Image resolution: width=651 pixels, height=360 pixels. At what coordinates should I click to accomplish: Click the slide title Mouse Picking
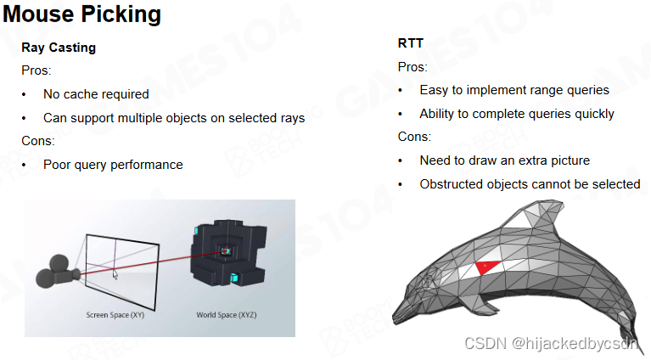pos(82,14)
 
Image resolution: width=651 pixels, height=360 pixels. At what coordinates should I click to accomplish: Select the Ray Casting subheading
pos(59,48)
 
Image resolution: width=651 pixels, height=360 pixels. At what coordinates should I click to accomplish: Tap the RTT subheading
pos(411,43)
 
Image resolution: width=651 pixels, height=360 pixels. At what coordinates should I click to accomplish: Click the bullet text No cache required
pos(96,94)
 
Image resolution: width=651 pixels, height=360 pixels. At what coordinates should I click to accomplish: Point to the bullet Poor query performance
pos(113,165)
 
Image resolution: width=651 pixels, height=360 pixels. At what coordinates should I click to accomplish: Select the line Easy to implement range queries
pos(514,90)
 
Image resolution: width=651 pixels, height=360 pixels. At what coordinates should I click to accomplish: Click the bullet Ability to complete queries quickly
pos(517,114)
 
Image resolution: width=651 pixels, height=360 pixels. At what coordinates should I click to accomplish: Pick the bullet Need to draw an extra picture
pos(504,160)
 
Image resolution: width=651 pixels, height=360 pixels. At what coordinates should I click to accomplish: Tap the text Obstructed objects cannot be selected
pos(530,184)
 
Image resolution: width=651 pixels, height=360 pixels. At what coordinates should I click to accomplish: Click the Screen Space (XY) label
pos(116,315)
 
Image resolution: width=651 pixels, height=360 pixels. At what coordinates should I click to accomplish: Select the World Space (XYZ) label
pos(227,315)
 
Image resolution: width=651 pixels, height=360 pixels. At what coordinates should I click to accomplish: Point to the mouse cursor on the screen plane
pos(115,273)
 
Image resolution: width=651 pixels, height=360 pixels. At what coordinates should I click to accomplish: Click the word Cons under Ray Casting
pos(37,141)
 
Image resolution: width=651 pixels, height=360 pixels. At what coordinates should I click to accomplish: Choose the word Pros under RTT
pos(412,67)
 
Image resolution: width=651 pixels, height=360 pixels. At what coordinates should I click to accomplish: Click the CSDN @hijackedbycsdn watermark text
pos(551,342)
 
